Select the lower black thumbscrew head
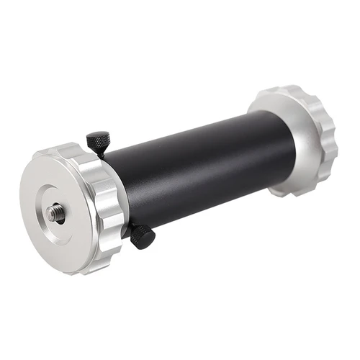click(142, 235)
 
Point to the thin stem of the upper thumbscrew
click(103, 152)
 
